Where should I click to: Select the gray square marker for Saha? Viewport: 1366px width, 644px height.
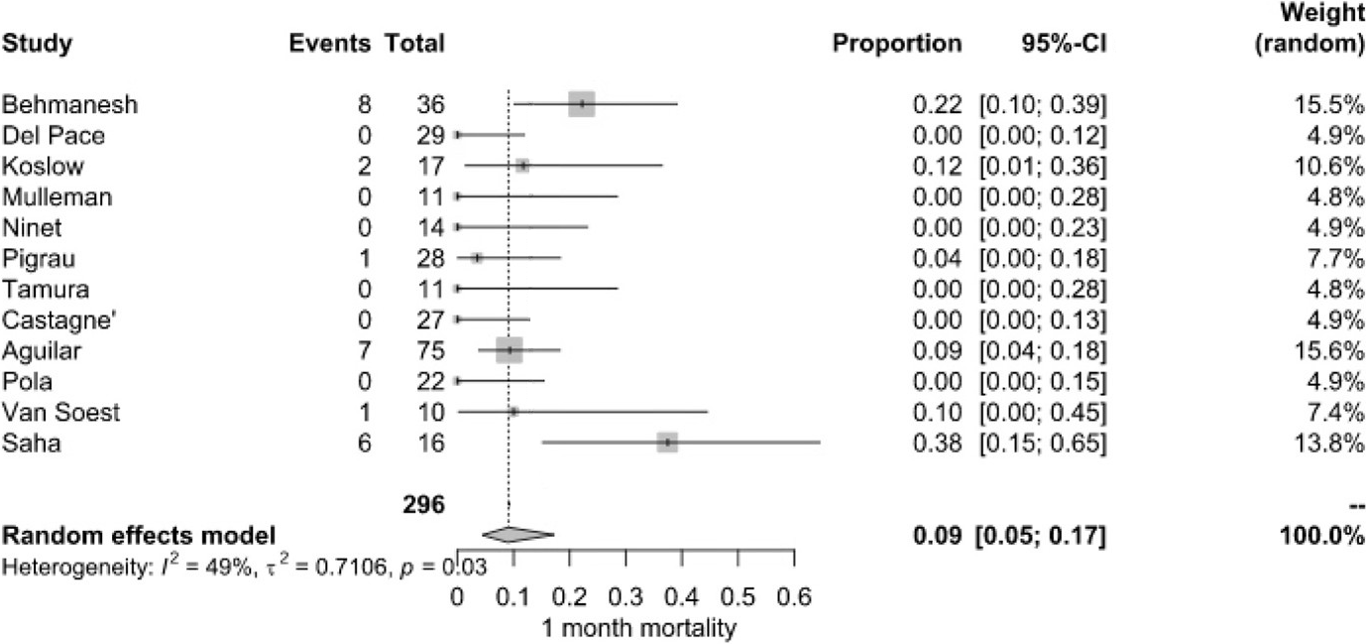tap(667, 442)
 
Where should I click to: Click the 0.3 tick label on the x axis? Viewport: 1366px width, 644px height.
tap(625, 598)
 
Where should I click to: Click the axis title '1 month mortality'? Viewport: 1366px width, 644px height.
tap(638, 628)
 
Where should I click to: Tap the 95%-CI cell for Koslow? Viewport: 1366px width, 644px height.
tap(1041, 166)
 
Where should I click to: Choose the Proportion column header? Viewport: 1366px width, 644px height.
tap(897, 44)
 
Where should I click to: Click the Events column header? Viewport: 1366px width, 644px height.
tap(330, 44)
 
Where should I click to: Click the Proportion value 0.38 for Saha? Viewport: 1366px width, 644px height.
tap(937, 443)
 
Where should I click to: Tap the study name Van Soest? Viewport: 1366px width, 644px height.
tap(60, 412)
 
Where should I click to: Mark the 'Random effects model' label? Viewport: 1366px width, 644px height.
tap(139, 537)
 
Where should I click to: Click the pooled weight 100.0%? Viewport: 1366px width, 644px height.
tap(1321, 537)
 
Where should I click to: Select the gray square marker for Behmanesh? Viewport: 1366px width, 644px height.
tap(582, 103)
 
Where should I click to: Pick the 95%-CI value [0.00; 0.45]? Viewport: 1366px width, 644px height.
tap(1041, 412)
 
